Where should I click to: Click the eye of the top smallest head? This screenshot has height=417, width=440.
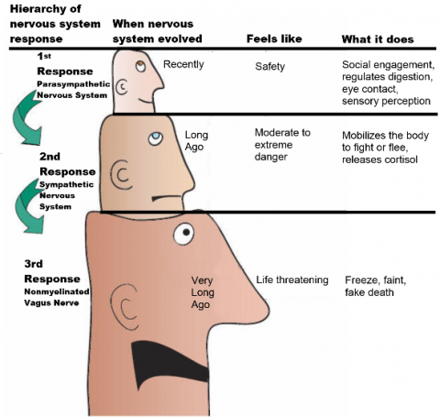(140, 66)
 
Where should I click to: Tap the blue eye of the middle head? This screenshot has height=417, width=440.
(156, 138)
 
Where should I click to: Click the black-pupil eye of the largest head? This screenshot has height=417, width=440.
(183, 234)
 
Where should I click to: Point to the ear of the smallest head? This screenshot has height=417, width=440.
(122, 87)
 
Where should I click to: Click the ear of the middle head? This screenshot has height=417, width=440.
(121, 175)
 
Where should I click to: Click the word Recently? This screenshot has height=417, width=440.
(183, 64)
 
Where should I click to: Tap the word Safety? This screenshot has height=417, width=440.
(270, 66)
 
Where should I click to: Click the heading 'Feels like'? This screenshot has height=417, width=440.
(274, 38)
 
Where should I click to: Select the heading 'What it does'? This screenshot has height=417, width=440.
(378, 39)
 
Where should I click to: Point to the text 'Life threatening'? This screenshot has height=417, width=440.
(292, 280)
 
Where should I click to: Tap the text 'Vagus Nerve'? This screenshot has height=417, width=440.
(51, 302)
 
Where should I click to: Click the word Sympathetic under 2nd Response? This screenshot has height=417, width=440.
(66, 184)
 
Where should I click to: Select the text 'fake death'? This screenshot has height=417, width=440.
(369, 292)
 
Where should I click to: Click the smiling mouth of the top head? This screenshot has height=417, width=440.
(146, 100)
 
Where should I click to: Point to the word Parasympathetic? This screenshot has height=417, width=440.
(73, 84)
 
